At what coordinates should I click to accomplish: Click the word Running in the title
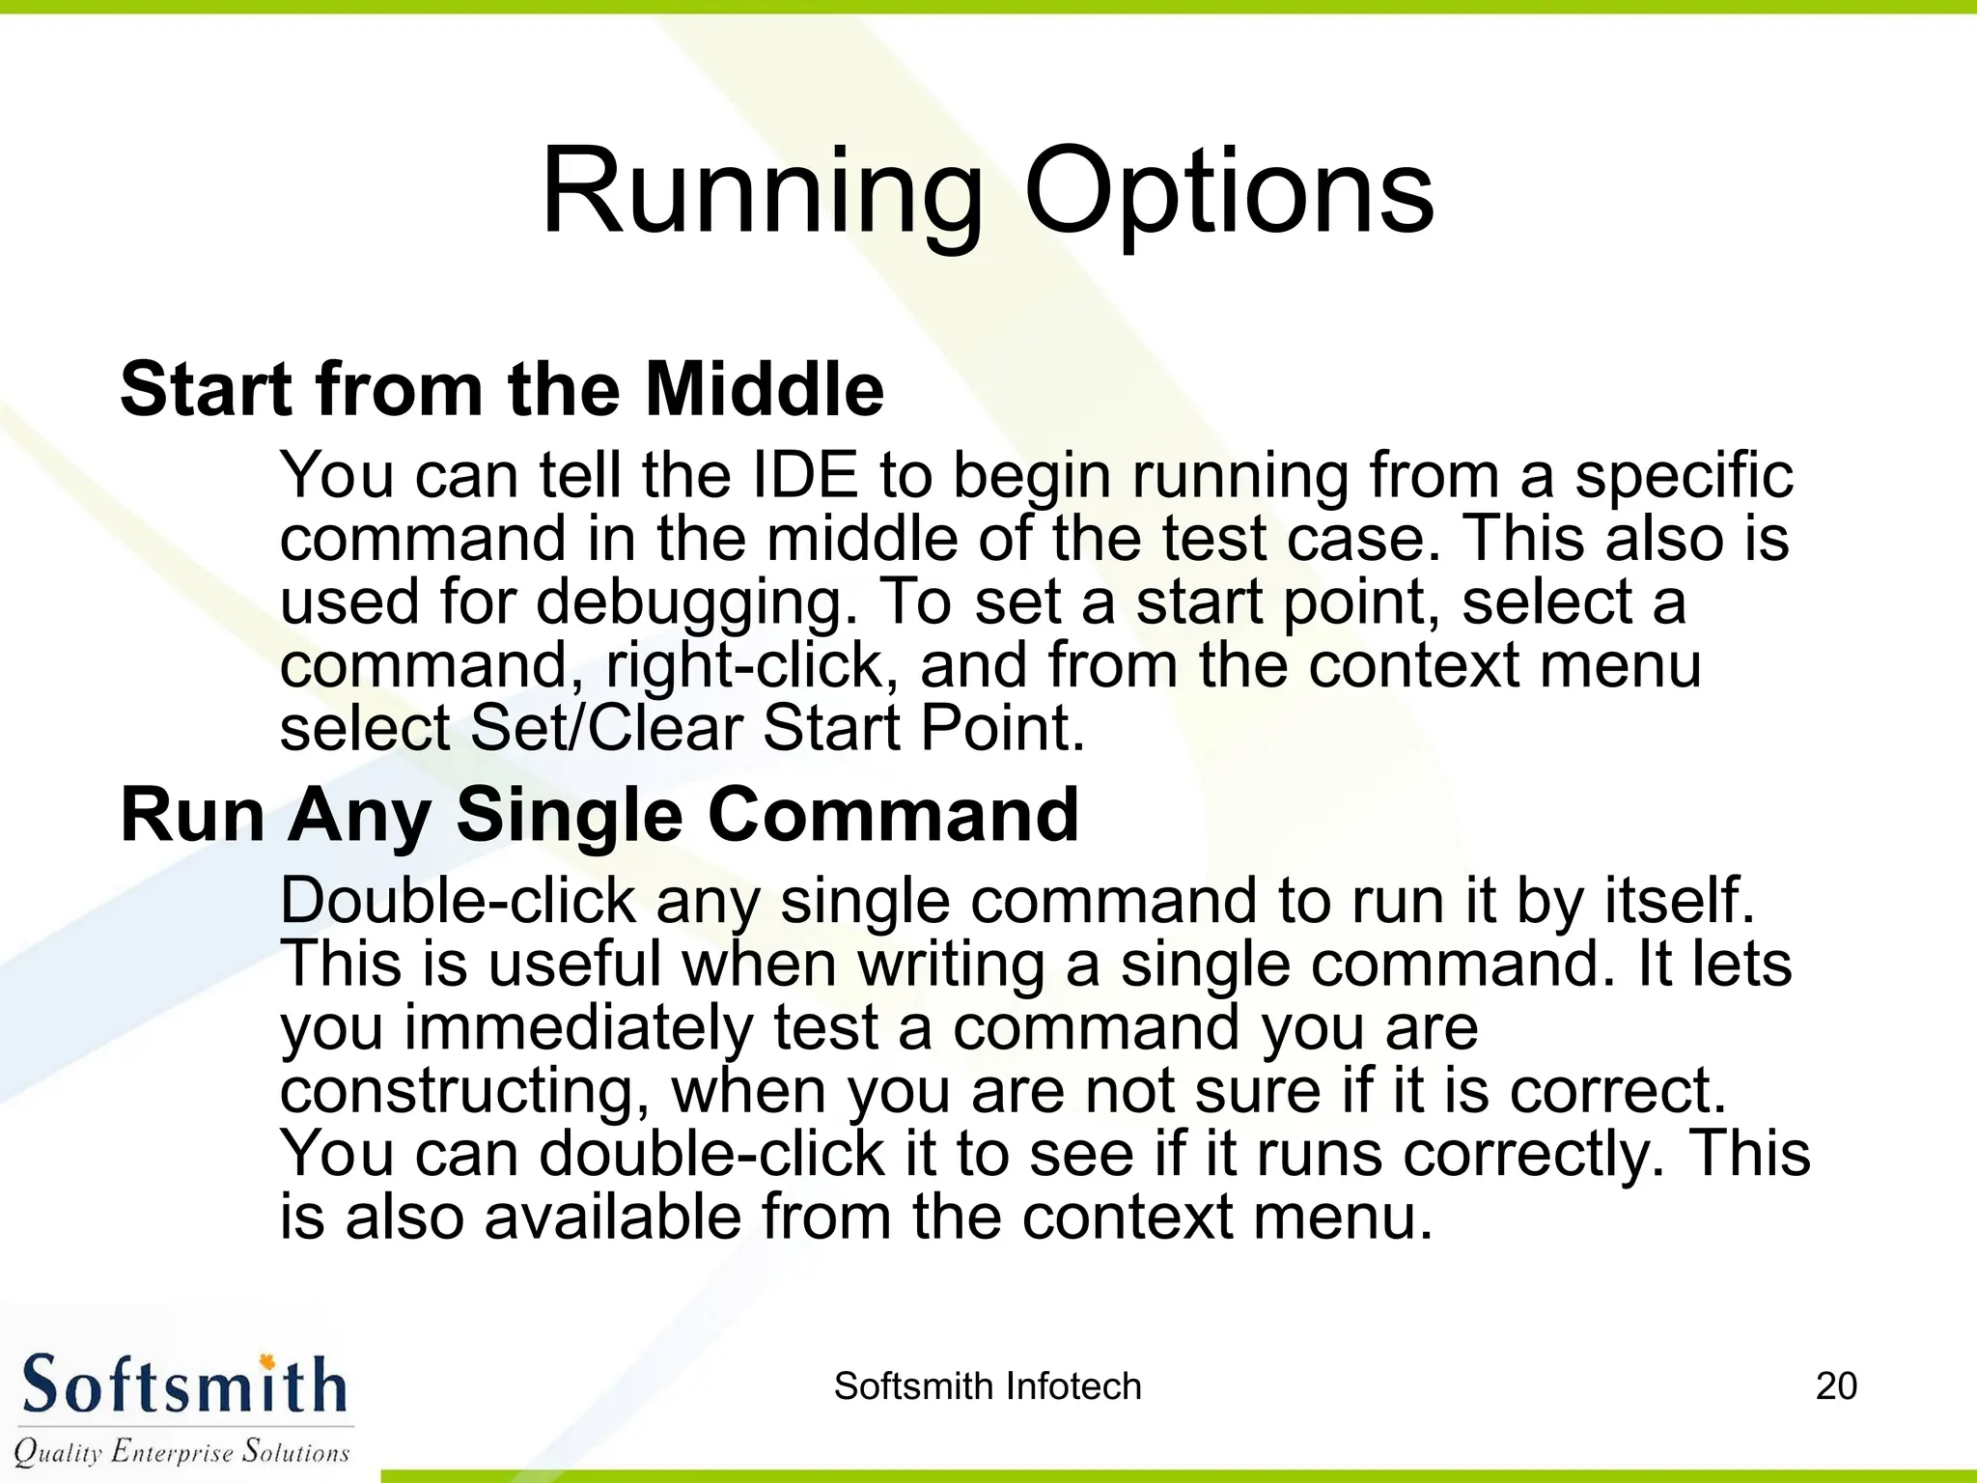(762, 193)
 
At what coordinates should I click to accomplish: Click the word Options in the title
(1228, 193)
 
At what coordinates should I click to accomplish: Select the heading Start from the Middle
(502, 389)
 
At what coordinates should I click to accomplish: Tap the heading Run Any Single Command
(599, 816)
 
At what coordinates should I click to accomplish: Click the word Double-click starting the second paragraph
(458, 901)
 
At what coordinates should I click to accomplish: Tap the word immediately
(577, 1028)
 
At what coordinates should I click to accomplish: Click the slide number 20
(1836, 1386)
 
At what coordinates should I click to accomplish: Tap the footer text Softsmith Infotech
(988, 1386)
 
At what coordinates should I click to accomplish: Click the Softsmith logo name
(183, 1385)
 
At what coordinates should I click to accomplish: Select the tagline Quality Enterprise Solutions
(181, 1451)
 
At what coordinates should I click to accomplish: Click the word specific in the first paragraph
(1684, 475)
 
